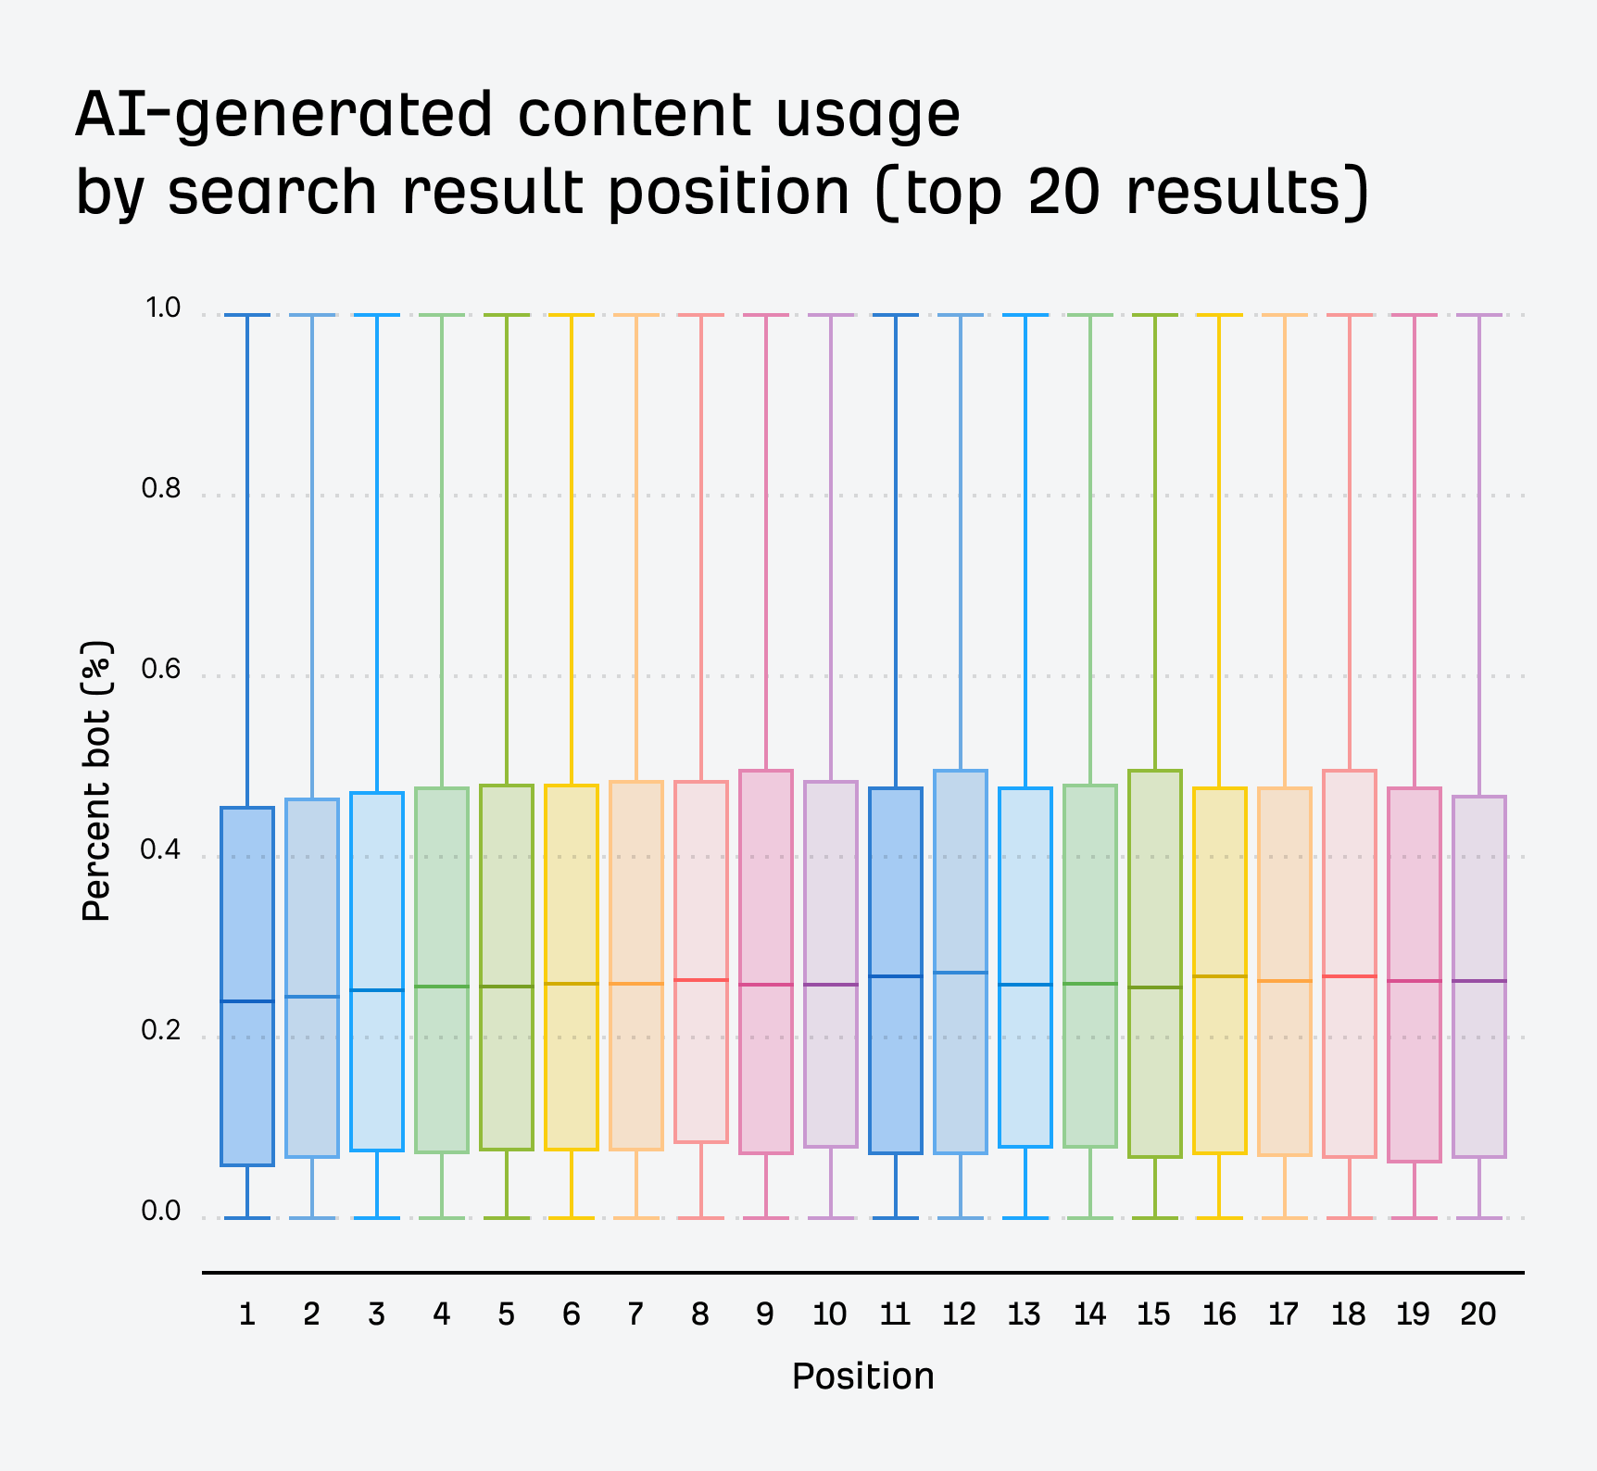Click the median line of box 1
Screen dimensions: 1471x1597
pos(247,1001)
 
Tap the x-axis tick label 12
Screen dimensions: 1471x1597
pos(960,1314)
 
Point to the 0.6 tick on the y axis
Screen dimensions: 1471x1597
pos(161,669)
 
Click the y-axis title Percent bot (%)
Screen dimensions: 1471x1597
pos(96,780)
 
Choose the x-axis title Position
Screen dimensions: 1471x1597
pos(862,1377)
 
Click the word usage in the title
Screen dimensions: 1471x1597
pos(867,115)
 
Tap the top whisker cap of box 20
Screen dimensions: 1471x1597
pos(1479,315)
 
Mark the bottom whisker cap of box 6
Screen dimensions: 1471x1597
pos(572,1217)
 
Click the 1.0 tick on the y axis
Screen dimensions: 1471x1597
pos(162,308)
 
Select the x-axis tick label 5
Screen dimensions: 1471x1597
pos(507,1314)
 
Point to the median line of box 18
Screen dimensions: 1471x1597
pos(1350,976)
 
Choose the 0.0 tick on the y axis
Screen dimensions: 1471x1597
pos(161,1211)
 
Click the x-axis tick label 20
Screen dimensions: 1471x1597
pos(1478,1314)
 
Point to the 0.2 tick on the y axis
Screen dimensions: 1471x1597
pos(161,1030)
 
